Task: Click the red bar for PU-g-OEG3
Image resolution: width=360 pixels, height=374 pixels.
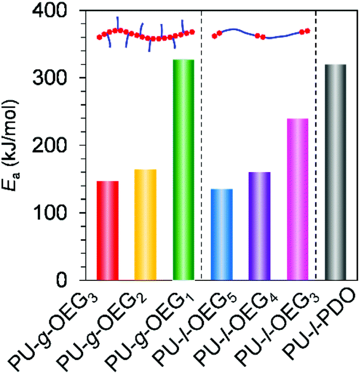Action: (x=107, y=230)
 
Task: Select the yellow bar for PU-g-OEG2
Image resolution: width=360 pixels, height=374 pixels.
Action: (x=146, y=224)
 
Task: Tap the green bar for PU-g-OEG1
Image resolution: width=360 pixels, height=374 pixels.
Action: (x=183, y=170)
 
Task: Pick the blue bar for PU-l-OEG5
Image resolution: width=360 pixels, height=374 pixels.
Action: (x=222, y=234)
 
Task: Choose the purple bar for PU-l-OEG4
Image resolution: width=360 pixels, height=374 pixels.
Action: (x=260, y=226)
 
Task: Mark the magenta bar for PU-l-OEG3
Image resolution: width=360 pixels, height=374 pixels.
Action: (x=298, y=199)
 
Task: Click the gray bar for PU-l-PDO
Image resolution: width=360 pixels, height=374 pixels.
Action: (x=335, y=172)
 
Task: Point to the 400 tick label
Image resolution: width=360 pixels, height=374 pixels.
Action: (x=49, y=11)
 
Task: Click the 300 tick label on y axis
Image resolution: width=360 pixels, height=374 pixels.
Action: (x=49, y=78)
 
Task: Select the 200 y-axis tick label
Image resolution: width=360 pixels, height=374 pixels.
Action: (x=49, y=145)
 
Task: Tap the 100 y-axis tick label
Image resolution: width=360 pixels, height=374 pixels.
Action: (x=49, y=213)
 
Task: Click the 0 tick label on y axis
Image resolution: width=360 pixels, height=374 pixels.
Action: (x=61, y=280)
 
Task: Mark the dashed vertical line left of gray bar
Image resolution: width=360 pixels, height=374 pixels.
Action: (x=316, y=145)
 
